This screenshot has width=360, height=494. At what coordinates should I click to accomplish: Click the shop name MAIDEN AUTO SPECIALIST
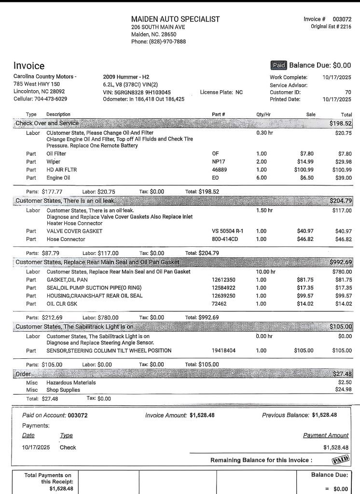point(175,19)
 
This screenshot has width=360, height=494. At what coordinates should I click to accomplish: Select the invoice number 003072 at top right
point(342,19)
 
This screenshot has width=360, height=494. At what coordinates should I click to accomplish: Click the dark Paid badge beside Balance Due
point(279,65)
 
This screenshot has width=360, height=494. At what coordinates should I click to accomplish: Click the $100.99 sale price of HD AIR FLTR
point(305,169)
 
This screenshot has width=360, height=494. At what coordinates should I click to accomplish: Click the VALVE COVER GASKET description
point(74,231)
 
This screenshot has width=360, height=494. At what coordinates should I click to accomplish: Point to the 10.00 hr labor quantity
point(265,272)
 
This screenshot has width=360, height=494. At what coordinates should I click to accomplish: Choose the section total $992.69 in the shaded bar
point(341,262)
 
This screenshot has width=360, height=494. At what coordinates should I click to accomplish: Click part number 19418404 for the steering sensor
point(223,351)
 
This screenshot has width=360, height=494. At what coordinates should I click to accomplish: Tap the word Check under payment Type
point(68,447)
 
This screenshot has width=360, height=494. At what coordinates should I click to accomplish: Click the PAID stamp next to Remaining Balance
point(341,459)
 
